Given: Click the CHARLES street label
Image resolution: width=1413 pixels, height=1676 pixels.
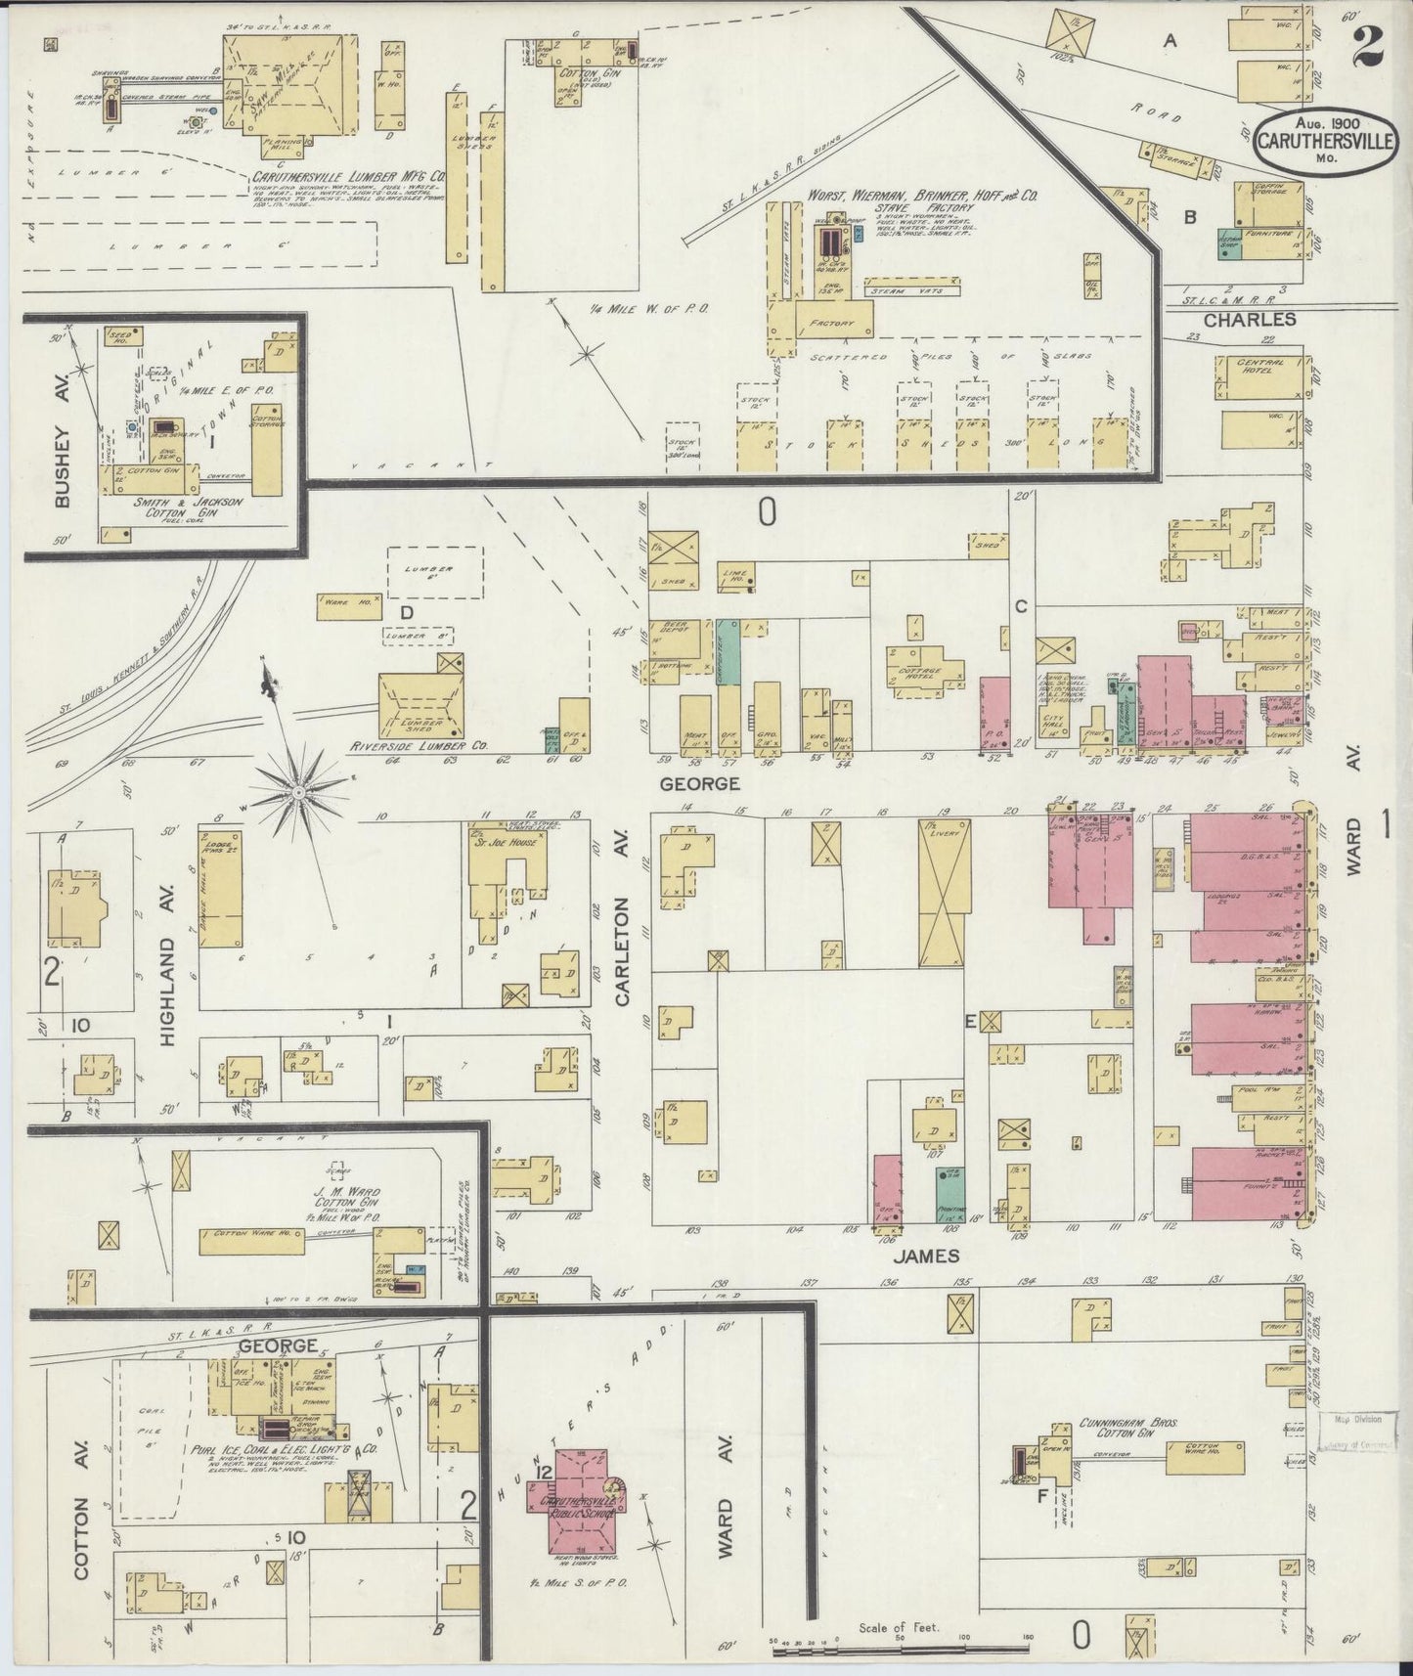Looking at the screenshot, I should pyautogui.click(x=1249, y=319).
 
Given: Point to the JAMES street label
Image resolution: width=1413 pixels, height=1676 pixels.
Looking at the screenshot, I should pyautogui.click(x=931, y=1255).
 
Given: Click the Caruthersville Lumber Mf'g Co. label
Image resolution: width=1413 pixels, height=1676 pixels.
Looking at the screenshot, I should pyautogui.click(x=348, y=178).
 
